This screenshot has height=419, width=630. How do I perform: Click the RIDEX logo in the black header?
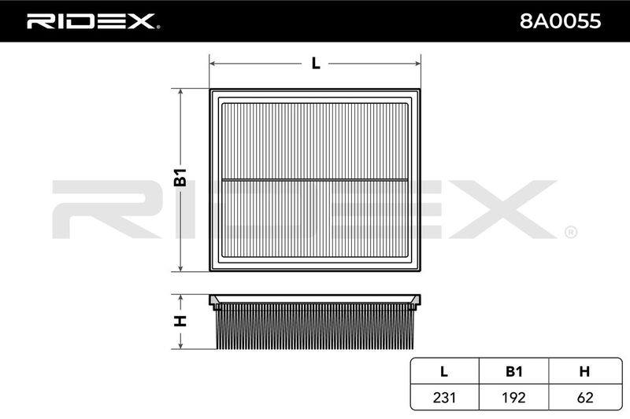[93, 21]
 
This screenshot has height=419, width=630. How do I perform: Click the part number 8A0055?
[560, 21]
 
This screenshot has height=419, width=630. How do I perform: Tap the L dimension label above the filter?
[316, 64]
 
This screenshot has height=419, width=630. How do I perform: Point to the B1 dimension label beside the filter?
[180, 177]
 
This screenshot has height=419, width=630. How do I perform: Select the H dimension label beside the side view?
[180, 322]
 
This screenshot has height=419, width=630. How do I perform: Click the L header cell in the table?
[444, 372]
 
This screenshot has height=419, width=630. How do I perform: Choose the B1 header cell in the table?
[514, 372]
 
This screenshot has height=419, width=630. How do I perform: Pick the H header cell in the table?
[584, 372]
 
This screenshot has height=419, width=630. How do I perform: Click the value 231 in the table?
[444, 397]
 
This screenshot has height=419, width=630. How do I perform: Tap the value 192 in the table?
[514, 397]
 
